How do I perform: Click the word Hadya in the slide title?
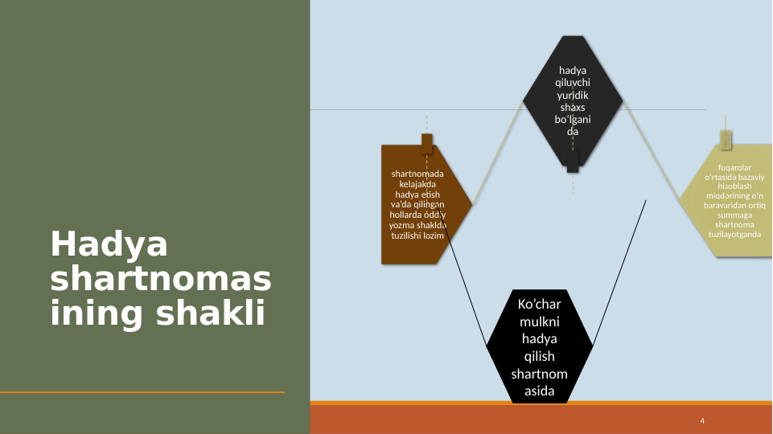click(x=109, y=244)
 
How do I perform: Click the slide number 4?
click(x=702, y=421)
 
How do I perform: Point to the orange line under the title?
click(x=142, y=392)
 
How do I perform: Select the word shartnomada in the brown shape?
click(x=417, y=174)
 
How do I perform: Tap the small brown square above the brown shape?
click(x=427, y=143)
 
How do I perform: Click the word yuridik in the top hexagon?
click(x=573, y=95)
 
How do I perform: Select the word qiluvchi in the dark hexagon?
click(x=573, y=82)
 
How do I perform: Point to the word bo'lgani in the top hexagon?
click(x=573, y=120)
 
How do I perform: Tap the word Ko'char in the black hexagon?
click(x=539, y=305)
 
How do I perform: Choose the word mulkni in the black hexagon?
click(x=539, y=321)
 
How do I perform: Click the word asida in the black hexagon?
click(x=539, y=391)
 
